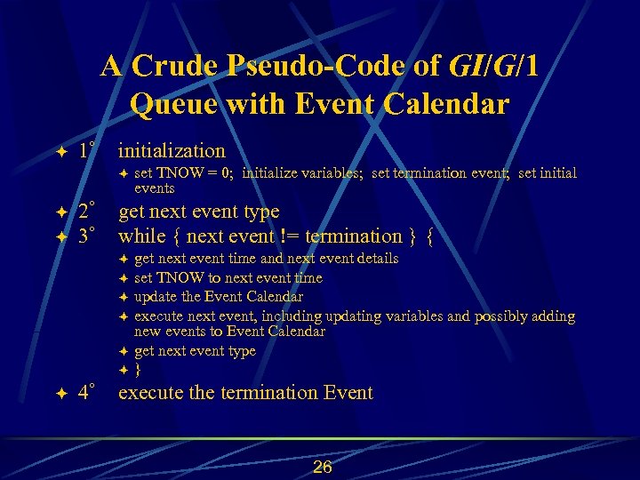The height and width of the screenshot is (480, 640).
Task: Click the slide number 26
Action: tap(322, 467)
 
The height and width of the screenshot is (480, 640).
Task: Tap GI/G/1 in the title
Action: tap(494, 67)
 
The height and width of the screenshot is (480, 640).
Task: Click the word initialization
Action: tap(172, 150)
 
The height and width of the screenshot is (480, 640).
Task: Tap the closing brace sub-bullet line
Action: tap(138, 369)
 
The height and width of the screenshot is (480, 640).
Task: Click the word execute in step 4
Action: tap(150, 393)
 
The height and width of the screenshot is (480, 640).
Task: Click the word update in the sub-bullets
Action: tap(156, 297)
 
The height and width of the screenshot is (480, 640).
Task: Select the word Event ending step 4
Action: tap(346, 393)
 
